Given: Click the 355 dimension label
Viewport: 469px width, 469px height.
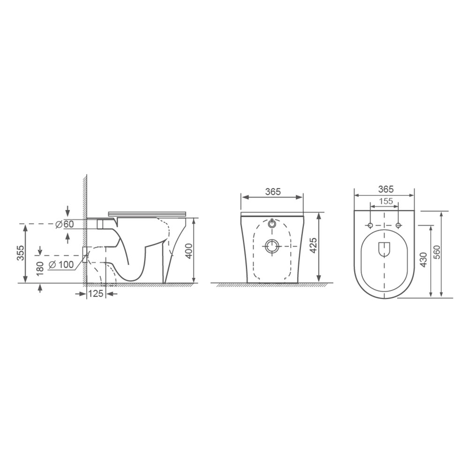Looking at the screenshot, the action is [x=21, y=253].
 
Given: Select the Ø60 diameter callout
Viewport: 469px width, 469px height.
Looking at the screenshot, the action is [x=65, y=224].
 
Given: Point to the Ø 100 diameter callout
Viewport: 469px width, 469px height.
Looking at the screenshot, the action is [x=61, y=265].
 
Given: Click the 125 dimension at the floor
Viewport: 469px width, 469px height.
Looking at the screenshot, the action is [x=96, y=294].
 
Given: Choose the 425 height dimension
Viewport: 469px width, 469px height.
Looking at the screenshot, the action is [x=313, y=246].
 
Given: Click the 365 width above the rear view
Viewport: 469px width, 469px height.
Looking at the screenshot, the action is [x=273, y=192].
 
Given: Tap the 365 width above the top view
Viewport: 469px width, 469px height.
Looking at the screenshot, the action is [x=386, y=189].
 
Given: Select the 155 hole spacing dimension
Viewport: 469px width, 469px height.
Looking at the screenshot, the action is [x=386, y=201].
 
